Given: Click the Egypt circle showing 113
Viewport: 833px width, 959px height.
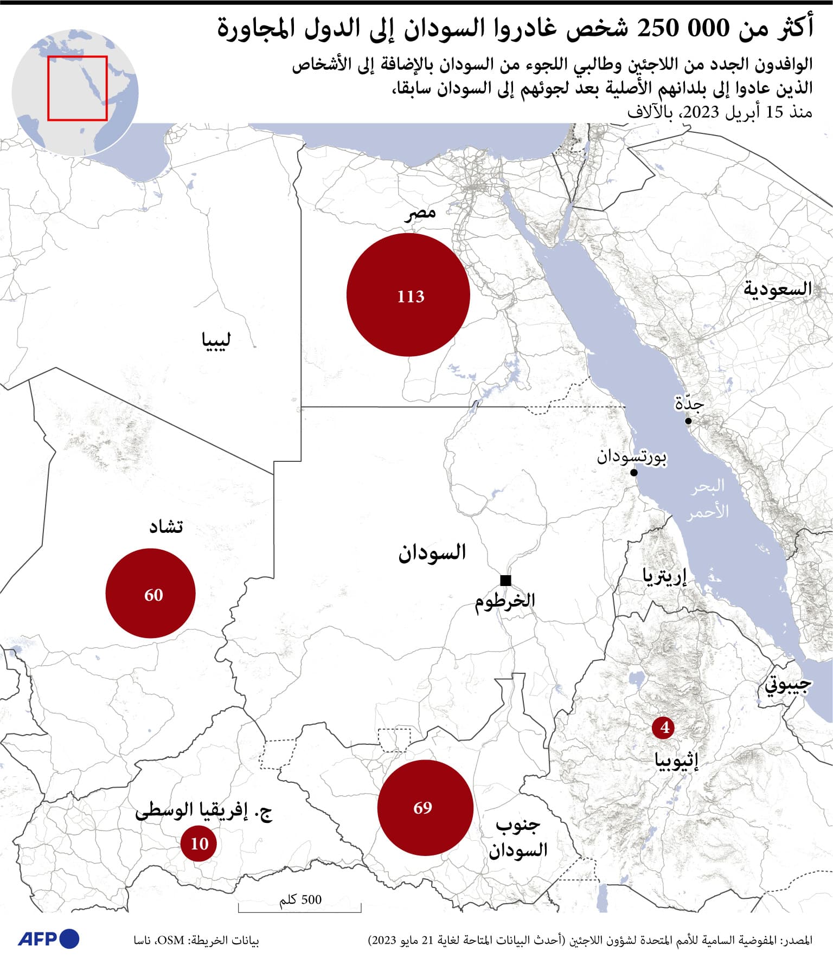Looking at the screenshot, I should (408, 295).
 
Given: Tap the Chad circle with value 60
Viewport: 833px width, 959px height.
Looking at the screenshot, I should (150, 593).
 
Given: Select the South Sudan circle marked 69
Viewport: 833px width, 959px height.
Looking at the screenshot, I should (425, 807).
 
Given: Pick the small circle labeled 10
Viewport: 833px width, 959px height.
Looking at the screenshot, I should (198, 843).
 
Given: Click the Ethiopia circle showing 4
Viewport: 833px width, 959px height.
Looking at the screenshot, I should (663, 728).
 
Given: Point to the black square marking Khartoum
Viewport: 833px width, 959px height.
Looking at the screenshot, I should (505, 581).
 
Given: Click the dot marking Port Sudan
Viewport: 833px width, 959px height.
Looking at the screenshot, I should (633, 473).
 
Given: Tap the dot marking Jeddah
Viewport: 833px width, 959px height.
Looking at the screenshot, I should (688, 421).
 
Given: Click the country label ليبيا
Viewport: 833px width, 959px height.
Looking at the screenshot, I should (216, 340).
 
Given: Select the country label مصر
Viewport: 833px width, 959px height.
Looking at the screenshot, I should (420, 213).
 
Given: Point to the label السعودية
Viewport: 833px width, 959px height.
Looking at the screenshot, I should (777, 288).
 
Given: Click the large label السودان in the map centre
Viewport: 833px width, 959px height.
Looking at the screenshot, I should (432, 552).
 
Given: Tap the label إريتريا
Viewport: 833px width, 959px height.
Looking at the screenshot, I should (664, 576).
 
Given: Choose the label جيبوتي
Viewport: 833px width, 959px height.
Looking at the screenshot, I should (788, 685).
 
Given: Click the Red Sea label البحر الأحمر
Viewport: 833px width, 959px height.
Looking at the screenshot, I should (708, 499).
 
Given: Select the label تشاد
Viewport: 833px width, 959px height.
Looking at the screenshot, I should (166, 526).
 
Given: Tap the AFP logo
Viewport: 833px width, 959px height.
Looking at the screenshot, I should (49, 938).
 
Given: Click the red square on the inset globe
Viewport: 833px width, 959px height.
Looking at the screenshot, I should (77, 88).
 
